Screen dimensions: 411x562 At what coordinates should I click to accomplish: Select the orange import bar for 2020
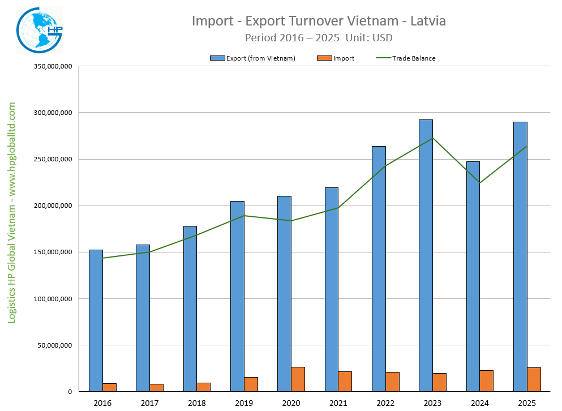[298, 379]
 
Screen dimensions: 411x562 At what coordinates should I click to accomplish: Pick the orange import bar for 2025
[534, 379]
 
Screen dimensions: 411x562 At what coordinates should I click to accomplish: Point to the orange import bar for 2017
[156, 388]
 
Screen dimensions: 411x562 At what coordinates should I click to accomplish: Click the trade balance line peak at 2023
[433, 138]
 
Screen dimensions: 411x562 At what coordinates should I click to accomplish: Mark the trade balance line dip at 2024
[480, 183]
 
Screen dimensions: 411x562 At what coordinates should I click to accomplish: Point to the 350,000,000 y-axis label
[54, 66]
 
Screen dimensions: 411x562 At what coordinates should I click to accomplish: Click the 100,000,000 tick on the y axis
[54, 298]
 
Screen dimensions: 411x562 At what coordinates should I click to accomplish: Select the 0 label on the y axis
[70, 391]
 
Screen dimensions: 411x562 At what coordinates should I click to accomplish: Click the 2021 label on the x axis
[338, 403]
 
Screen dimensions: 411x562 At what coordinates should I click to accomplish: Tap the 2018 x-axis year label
[197, 403]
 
